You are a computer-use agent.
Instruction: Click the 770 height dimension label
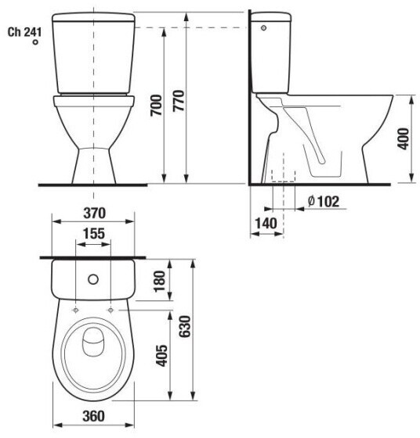click(178, 101)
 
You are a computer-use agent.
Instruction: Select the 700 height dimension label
click(156, 106)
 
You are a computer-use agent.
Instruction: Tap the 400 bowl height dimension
click(404, 139)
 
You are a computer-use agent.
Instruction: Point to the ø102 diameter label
click(324, 202)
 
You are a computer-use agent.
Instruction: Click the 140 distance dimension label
click(266, 224)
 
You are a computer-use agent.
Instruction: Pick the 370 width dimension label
click(95, 213)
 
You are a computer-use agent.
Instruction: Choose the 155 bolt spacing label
click(94, 234)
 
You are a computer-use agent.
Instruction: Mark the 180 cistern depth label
click(160, 281)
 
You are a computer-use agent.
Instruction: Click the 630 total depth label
click(185, 326)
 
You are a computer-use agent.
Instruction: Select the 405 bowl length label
click(161, 356)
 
